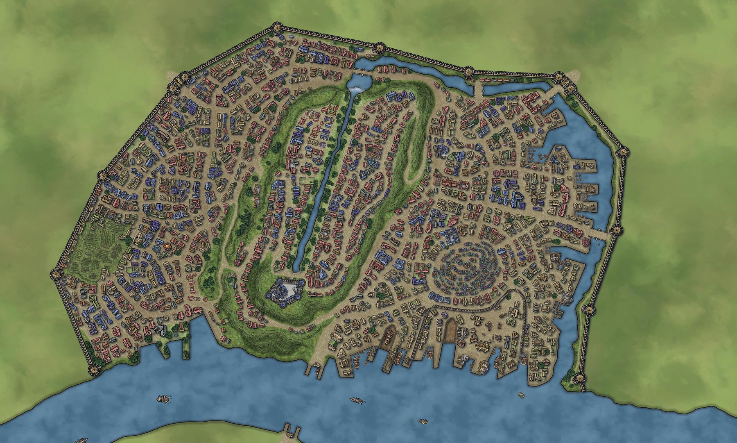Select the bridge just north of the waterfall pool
point(362,72)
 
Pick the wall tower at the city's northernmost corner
point(277,28)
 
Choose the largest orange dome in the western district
point(168,246)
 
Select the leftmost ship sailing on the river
point(164,398)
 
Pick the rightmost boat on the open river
point(522,395)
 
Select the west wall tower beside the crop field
point(55,274)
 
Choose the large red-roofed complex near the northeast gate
point(532,100)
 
